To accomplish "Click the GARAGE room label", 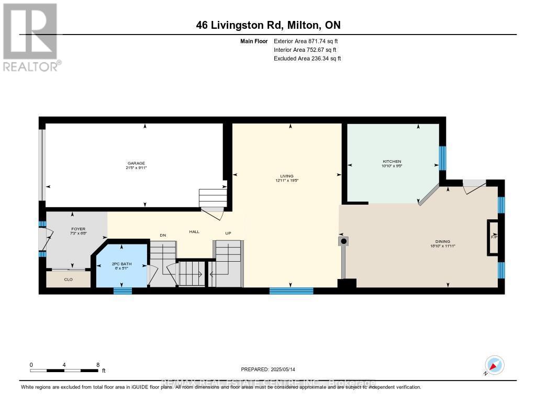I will coord(135,163).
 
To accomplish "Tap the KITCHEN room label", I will coord(392,161).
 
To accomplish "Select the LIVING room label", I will coord(286,176).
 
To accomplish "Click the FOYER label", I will coord(78,229).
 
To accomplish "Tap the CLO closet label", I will coord(68,279).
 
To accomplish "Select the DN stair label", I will coord(163,236).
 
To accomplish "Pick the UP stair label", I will coord(228,233).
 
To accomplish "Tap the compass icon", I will coord(494,365).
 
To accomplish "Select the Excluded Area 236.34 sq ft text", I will coord(307,59).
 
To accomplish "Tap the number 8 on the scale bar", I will coord(98,364).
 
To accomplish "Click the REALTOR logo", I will coord(30,37).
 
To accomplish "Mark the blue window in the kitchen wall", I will coord(442,158).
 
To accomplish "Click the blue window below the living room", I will coord(291,291).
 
